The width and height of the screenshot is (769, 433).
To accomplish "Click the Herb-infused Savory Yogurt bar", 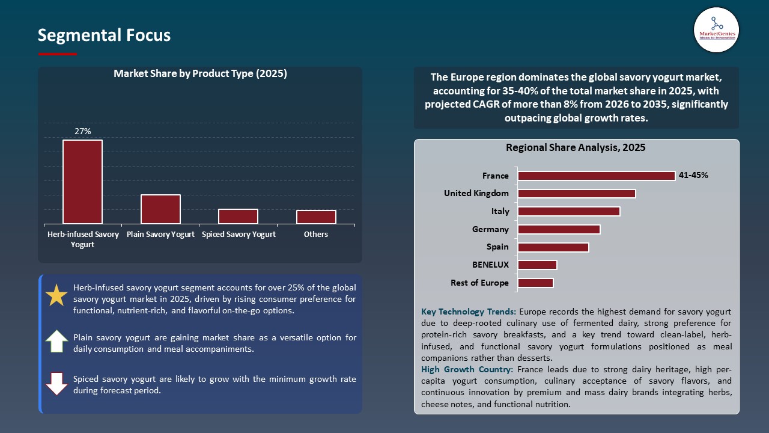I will coord(82,182).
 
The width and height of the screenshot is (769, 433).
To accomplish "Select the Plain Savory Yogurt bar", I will coord(160,209).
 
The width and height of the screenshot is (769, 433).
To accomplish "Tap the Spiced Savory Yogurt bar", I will coord(238,216).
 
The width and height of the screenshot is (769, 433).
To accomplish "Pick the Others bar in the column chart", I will coord(316,217).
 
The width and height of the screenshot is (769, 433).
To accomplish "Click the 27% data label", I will coord(82,131).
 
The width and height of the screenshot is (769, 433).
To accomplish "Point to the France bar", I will coord(596,176).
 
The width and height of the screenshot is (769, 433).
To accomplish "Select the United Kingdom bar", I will coord(576,194).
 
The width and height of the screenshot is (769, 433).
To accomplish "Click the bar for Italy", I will coord(568,211).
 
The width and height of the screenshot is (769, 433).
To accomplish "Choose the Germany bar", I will coord(559,229).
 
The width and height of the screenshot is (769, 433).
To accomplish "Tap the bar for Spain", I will coord(553,247).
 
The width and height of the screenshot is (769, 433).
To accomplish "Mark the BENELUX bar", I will coord(537,265).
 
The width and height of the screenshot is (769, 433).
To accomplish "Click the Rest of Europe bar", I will coord(535,283).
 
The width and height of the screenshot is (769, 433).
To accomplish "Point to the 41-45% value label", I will coord(693,176).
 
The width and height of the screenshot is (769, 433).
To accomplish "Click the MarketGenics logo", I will coord(716,29).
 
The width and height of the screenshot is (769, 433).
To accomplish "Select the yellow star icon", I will coord(56,295).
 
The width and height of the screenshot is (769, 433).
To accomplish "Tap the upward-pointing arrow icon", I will coord(56,341).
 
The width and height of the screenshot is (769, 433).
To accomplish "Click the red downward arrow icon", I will coord(56,384).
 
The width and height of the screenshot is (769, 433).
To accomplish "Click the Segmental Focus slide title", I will coord(104,35).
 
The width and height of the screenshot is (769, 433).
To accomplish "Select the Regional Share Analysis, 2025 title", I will coord(576,147).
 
